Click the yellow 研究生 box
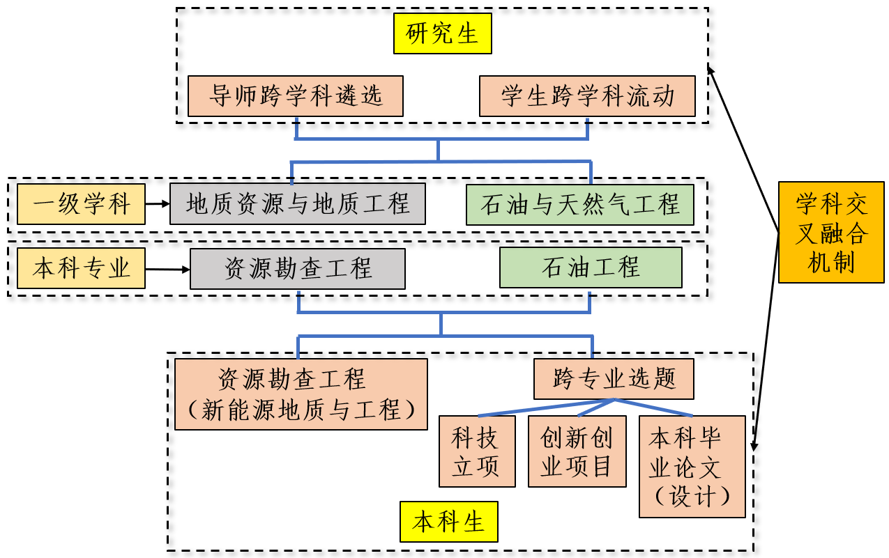[442, 34]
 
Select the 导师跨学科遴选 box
[296, 96]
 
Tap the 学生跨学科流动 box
[588, 96]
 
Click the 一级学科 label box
[81, 205]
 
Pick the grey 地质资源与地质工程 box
[298, 204]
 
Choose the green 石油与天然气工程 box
[580, 205]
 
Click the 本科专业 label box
[81, 268]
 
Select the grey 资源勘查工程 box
[298, 269]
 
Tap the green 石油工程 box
[591, 268]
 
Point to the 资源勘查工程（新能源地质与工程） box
[301, 394]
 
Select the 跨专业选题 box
[614, 379]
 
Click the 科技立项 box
[477, 451]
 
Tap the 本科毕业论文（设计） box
[692, 467]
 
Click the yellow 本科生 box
[449, 521]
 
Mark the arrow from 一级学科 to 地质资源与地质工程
[158, 204]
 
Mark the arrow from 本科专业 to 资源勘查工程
[167, 269]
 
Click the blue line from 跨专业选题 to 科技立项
[544, 408]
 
